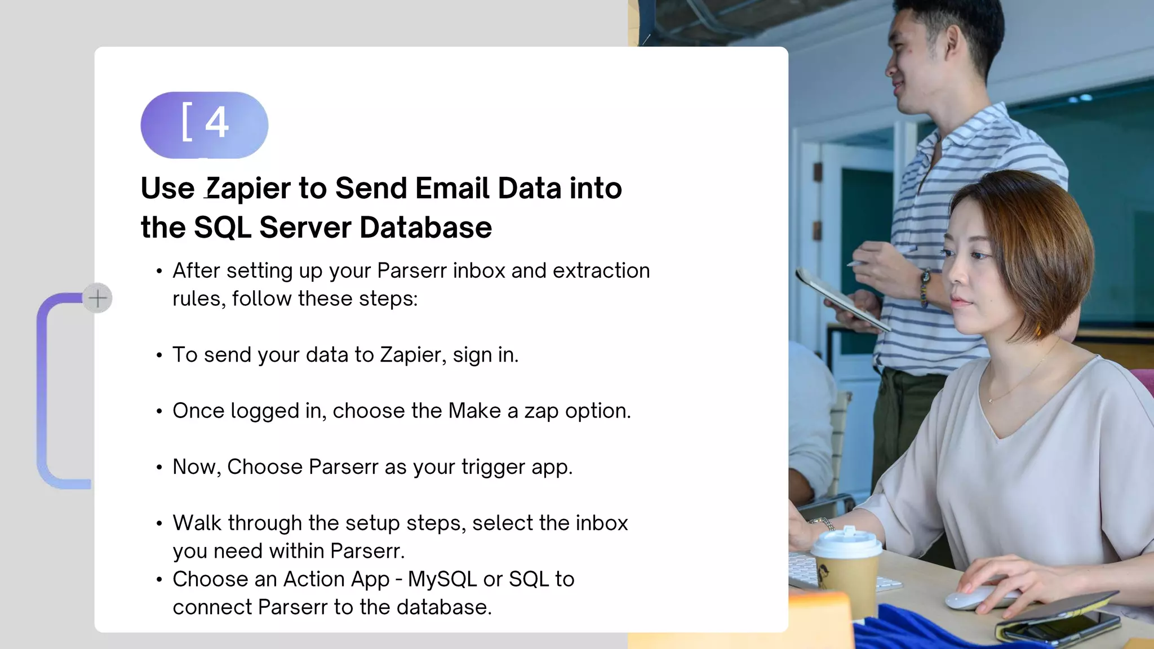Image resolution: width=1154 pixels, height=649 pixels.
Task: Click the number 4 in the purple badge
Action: click(x=217, y=122)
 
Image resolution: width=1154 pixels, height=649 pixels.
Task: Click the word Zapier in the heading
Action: click(x=248, y=189)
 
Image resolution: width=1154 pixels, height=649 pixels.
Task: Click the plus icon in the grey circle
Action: click(x=97, y=298)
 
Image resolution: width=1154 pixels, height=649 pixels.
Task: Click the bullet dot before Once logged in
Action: click(x=159, y=412)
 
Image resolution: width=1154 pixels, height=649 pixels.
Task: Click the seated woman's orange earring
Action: click(x=1038, y=330)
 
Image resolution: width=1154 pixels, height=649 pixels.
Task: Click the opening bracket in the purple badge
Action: click(x=187, y=122)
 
